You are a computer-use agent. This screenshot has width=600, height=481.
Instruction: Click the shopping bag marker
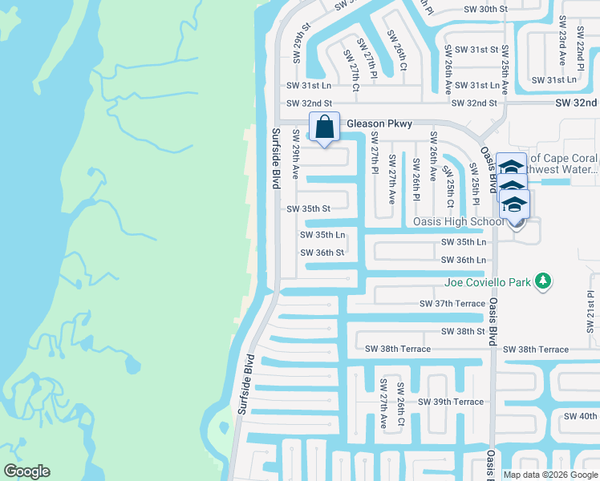[x=324, y=127]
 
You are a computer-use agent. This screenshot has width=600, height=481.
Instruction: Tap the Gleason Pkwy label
[x=379, y=124]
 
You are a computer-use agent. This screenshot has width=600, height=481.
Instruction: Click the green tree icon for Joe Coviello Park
[x=544, y=281]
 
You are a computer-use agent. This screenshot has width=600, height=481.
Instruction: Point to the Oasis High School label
[x=456, y=222]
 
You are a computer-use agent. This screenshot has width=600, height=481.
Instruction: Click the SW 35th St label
[x=309, y=208]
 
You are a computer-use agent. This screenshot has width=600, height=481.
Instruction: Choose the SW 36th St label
[x=322, y=253]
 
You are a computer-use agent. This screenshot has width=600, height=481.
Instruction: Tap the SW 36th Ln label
[x=464, y=260]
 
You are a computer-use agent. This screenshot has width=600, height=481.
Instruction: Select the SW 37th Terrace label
[x=452, y=304]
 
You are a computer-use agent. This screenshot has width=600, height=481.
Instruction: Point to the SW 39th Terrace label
[x=451, y=402]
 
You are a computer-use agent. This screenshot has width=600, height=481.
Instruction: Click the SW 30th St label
[x=486, y=9]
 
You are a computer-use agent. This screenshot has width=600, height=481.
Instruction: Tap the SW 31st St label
[x=474, y=50]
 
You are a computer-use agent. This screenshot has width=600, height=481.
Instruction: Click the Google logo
[x=26, y=471]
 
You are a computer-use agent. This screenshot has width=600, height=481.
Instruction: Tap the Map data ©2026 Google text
[x=550, y=475]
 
